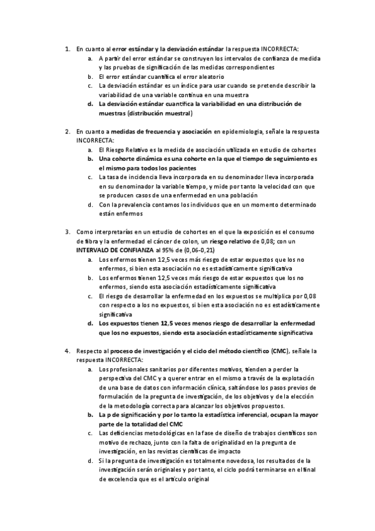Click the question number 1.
click(68, 48)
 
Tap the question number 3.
click(68, 232)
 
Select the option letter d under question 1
click(91, 104)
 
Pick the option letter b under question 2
click(91, 159)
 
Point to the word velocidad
click(269, 186)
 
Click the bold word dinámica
click(140, 159)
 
